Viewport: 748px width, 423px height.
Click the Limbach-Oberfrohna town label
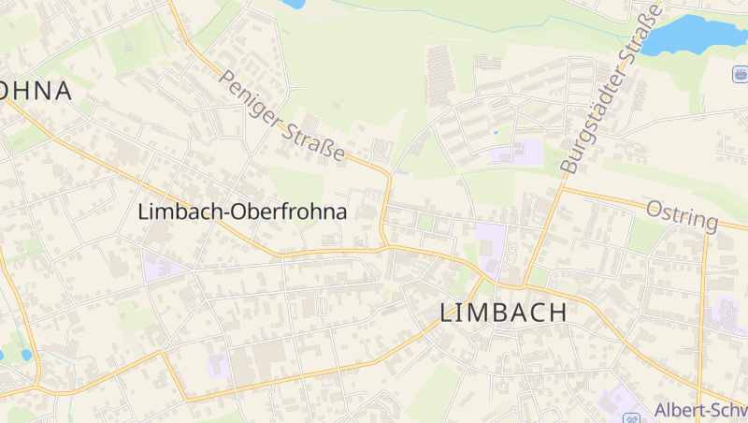coord(242,211)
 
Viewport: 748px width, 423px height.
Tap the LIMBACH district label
coord(503,314)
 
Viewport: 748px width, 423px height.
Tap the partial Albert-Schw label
coord(700,410)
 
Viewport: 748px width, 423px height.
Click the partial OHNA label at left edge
coord(36,91)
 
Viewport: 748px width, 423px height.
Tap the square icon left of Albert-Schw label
coord(631,416)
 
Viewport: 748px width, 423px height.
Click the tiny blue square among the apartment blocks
coord(495,132)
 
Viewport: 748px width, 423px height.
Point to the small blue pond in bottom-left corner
coord(25,356)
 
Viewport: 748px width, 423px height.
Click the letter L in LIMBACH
coord(447,314)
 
